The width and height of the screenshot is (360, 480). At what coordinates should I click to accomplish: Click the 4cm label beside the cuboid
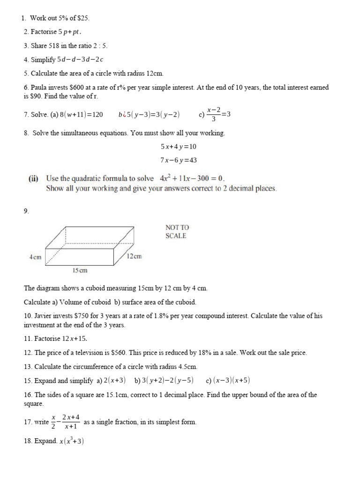coord(35,257)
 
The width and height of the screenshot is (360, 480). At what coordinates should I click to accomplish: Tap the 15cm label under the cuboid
coord(80,270)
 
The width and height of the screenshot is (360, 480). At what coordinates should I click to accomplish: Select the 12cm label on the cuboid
coord(135,256)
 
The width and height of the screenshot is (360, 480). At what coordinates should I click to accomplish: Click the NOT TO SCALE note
coord(177,232)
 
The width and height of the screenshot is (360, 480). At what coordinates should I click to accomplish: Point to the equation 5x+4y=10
coord(178,146)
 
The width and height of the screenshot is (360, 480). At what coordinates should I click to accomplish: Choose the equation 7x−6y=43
coord(178,160)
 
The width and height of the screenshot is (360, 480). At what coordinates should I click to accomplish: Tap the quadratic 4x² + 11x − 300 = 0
coord(192,179)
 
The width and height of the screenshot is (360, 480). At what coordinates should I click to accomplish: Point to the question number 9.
coord(26,211)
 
